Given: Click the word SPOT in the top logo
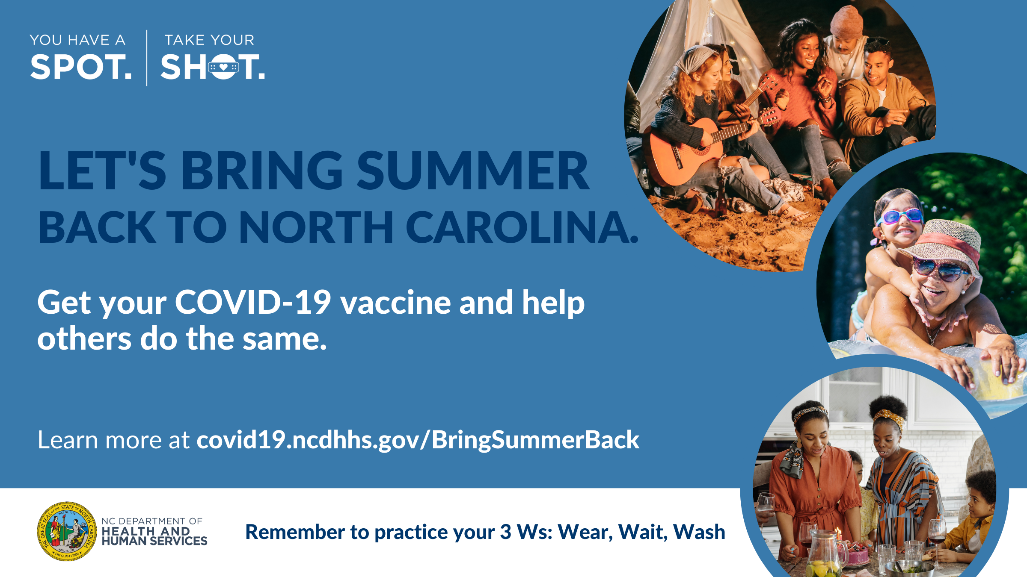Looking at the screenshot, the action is tap(81, 67).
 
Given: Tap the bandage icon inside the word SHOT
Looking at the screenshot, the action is tap(223, 67).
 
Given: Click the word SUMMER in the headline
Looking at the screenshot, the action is tap(473, 170).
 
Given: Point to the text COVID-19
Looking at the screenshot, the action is tap(253, 302).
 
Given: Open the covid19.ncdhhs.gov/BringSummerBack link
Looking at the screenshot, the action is tap(418, 440).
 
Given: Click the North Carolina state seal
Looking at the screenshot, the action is tap(67, 531).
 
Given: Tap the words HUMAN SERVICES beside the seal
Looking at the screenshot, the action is tap(154, 541).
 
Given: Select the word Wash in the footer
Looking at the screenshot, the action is tap(699, 532).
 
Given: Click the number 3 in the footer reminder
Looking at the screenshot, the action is tap(506, 532).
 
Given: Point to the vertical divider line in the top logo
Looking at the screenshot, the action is tap(147, 58).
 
